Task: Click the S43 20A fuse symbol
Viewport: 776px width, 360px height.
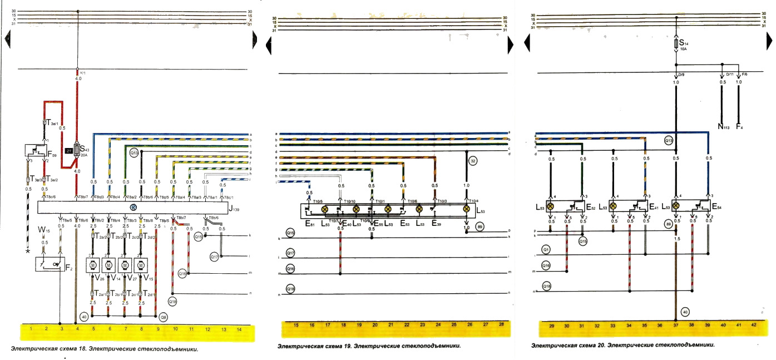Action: pos(77,151)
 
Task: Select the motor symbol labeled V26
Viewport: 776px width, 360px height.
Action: pos(92,265)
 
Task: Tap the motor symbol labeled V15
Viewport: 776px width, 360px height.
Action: pos(142,265)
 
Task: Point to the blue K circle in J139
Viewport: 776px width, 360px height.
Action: pos(133,207)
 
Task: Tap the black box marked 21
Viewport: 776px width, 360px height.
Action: pos(69,150)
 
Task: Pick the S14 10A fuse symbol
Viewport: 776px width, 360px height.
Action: pos(676,43)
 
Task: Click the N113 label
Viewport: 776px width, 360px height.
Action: pos(723,126)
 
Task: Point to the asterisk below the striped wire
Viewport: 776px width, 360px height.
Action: pos(27,251)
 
